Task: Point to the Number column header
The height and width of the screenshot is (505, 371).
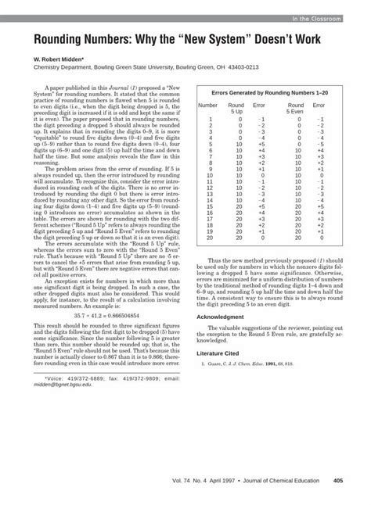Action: pyautogui.click(x=208, y=104)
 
